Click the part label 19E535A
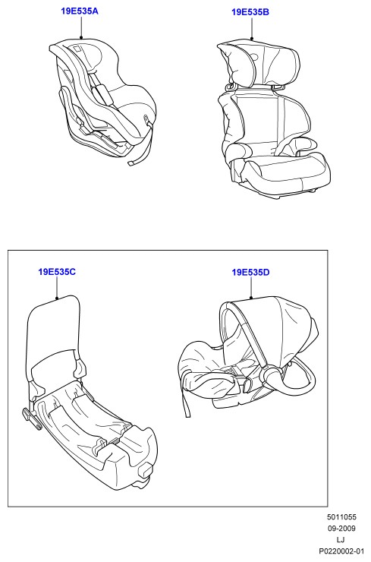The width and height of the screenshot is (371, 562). [x=80, y=11]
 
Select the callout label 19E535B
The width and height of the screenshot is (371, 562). [x=250, y=12]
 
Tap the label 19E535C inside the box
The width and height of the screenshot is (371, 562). [x=57, y=272]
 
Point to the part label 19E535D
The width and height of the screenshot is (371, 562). [x=250, y=273]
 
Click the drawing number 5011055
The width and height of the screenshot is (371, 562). [x=341, y=517]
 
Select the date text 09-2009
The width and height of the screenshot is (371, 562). [x=341, y=529]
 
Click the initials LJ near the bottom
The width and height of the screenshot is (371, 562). [x=341, y=540]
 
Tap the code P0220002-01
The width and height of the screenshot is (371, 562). [x=341, y=551]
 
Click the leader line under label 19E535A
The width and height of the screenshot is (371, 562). [x=81, y=27]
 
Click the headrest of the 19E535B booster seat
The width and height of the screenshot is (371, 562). [x=259, y=65]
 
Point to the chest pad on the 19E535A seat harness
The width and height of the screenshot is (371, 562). [x=102, y=94]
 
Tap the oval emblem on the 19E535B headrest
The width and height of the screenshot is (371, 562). [x=255, y=56]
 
